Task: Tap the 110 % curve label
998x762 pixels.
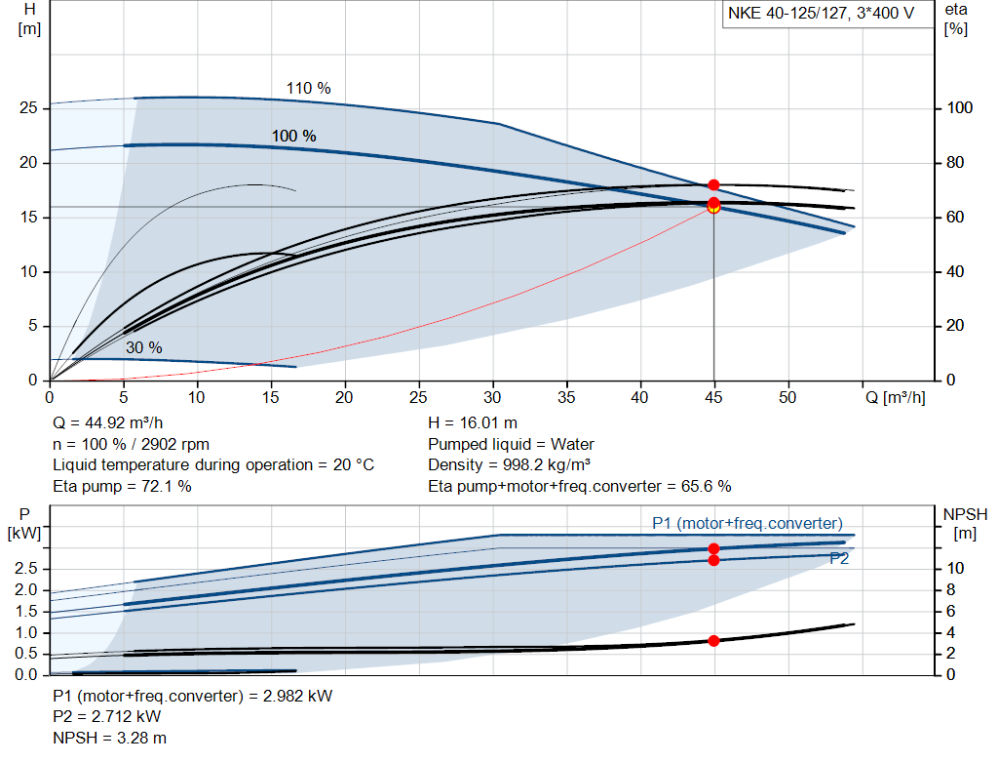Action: pyautogui.click(x=308, y=88)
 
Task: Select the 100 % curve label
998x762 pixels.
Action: pyautogui.click(x=293, y=136)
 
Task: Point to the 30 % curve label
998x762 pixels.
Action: pyautogui.click(x=143, y=347)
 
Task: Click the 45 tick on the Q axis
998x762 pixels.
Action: pyautogui.click(x=714, y=397)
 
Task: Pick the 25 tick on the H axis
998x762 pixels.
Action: pyautogui.click(x=28, y=108)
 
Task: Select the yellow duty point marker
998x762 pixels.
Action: pyautogui.click(x=713, y=207)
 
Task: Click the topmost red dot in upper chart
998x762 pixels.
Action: pyautogui.click(x=713, y=184)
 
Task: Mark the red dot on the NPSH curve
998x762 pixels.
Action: pyautogui.click(x=713, y=641)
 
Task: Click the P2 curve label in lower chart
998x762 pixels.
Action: pyautogui.click(x=839, y=559)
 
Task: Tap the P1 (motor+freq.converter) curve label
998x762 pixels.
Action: pyautogui.click(x=747, y=524)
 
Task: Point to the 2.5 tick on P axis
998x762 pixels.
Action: pyautogui.click(x=28, y=568)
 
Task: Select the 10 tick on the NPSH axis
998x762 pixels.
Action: pyautogui.click(x=955, y=568)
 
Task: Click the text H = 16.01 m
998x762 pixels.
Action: pyautogui.click(x=473, y=423)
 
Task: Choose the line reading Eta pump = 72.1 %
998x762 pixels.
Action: pyautogui.click(x=122, y=486)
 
